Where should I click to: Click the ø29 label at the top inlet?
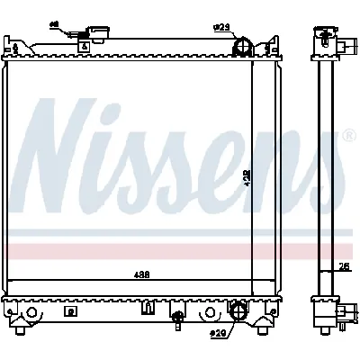tap(221, 28)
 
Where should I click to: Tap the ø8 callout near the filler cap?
tap(53, 24)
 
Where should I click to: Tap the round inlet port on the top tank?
tap(241, 47)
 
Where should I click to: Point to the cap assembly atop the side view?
tap(325, 40)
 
